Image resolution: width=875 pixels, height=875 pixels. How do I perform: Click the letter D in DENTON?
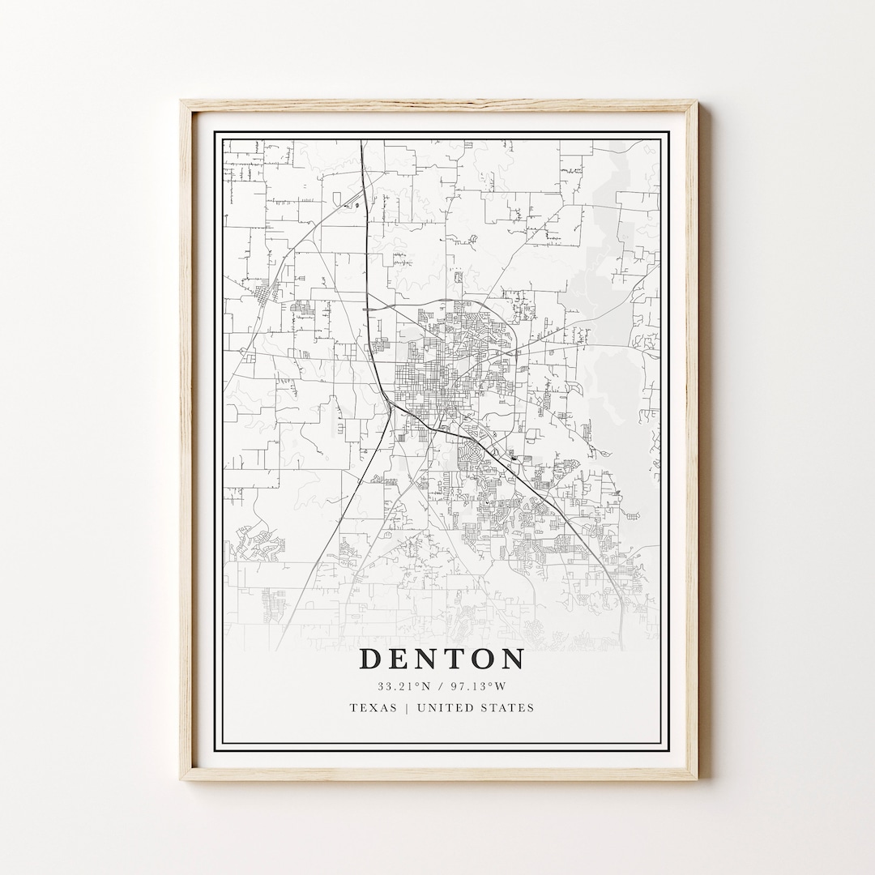pyautogui.click(x=370, y=659)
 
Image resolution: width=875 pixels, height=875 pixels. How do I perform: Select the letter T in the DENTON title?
pyautogui.click(x=454, y=659)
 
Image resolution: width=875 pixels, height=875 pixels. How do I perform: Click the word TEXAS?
pyautogui.click(x=373, y=707)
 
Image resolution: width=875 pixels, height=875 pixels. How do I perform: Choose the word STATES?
pyautogui.click(x=510, y=707)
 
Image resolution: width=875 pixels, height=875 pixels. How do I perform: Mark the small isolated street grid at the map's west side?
pyautogui.click(x=266, y=292)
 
